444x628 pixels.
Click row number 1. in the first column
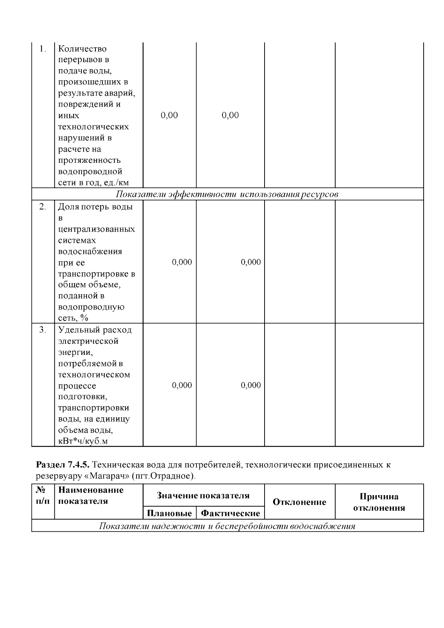coord(43,49)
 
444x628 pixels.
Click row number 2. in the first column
coord(43,206)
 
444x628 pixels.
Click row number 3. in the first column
coord(43,330)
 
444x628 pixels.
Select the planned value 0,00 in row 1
coord(169,115)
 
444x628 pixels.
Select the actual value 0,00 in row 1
coord(230,115)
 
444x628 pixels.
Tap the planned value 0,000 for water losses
coord(182,262)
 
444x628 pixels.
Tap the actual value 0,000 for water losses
coord(251,262)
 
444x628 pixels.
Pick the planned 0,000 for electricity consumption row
coord(182,385)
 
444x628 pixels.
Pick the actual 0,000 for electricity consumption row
coord(251,385)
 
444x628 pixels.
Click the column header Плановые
coord(169,513)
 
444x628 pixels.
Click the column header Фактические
coord(230,513)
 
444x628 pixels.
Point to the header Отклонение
coord(299,502)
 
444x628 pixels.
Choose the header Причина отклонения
coord(379,502)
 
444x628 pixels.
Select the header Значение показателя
coord(203,496)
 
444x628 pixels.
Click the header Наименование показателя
coord(91,496)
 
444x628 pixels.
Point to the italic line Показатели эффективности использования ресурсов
coord(227,194)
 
